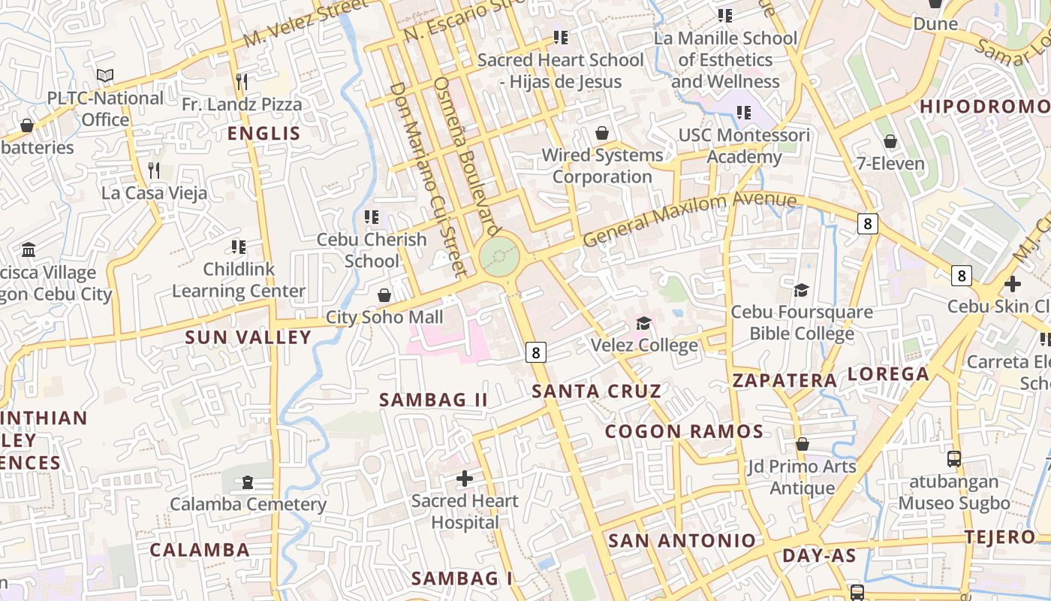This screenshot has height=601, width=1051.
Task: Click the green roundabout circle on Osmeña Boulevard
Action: pyautogui.click(x=499, y=257)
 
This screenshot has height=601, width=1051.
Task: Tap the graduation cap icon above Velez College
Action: pyautogui.click(x=643, y=323)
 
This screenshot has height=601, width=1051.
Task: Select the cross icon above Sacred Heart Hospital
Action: pyautogui.click(x=465, y=478)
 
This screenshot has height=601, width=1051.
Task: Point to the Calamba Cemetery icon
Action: pyautogui.click(x=248, y=482)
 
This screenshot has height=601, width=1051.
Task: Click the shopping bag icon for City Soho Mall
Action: pyautogui.click(x=384, y=295)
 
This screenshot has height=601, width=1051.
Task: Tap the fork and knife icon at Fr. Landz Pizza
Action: pyautogui.click(x=242, y=81)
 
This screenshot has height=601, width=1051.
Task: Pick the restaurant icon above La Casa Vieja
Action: pyautogui.click(x=154, y=171)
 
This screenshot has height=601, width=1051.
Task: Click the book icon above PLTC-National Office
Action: pyautogui.click(x=105, y=76)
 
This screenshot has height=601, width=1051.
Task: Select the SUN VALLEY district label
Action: pyautogui.click(x=248, y=337)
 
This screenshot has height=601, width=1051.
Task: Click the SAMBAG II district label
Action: pyautogui.click(x=433, y=400)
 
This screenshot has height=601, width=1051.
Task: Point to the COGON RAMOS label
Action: pyautogui.click(x=684, y=431)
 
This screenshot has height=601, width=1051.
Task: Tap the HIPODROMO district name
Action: pyautogui.click(x=984, y=107)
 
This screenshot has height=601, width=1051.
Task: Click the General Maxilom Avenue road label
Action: pyautogui.click(x=689, y=218)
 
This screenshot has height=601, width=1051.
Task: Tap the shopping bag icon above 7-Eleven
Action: pyautogui.click(x=890, y=141)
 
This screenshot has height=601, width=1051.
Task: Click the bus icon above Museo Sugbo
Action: pyautogui.click(x=953, y=458)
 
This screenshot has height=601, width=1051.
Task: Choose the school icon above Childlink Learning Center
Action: pyautogui.click(x=239, y=247)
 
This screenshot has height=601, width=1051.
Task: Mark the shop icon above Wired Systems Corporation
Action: pyautogui.click(x=602, y=134)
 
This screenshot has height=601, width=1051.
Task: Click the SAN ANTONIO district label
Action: pyautogui.click(x=682, y=540)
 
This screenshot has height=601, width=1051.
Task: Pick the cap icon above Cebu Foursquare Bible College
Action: pyautogui.click(x=802, y=290)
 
